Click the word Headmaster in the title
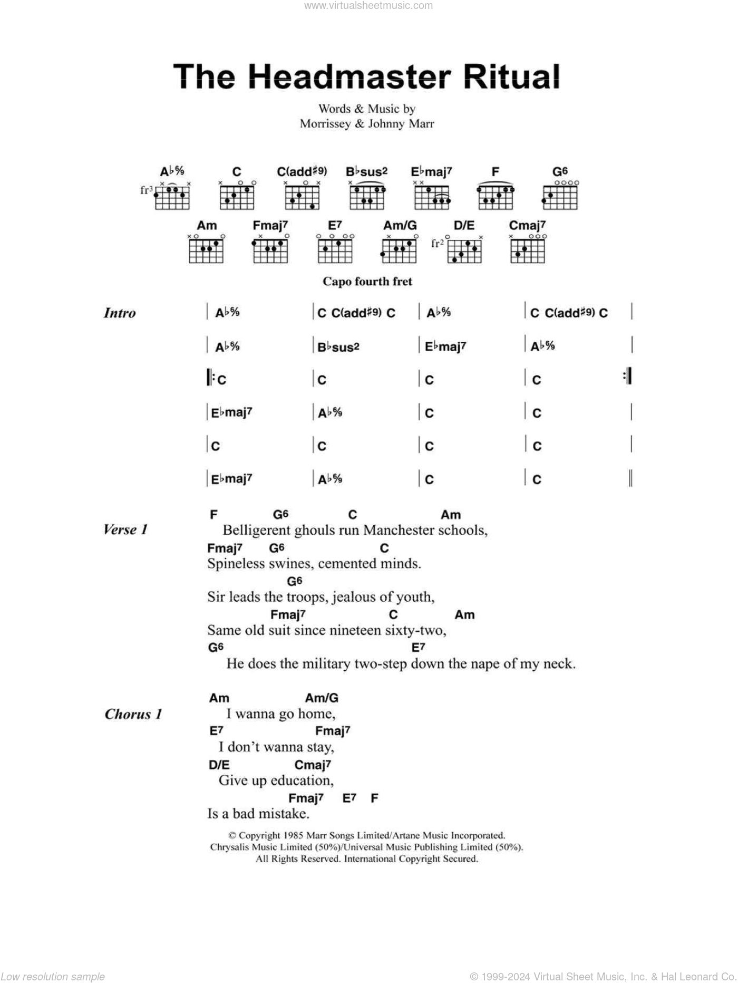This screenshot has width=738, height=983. pyautogui.click(x=349, y=77)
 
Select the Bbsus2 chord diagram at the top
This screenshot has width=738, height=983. pyautogui.click(x=367, y=196)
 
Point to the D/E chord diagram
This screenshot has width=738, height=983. pyautogui.click(x=464, y=250)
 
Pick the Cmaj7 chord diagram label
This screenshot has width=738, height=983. pyautogui.click(x=527, y=226)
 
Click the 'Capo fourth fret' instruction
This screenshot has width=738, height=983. pyautogui.click(x=367, y=282)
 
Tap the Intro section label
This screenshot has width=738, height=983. pyautogui.click(x=120, y=313)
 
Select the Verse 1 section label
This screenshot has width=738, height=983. pyautogui.click(x=125, y=530)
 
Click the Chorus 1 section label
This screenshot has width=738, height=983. pyautogui.click(x=133, y=715)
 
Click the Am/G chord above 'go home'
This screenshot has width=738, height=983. pyautogui.click(x=322, y=698)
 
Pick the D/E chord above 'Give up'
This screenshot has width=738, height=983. pyautogui.click(x=219, y=765)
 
